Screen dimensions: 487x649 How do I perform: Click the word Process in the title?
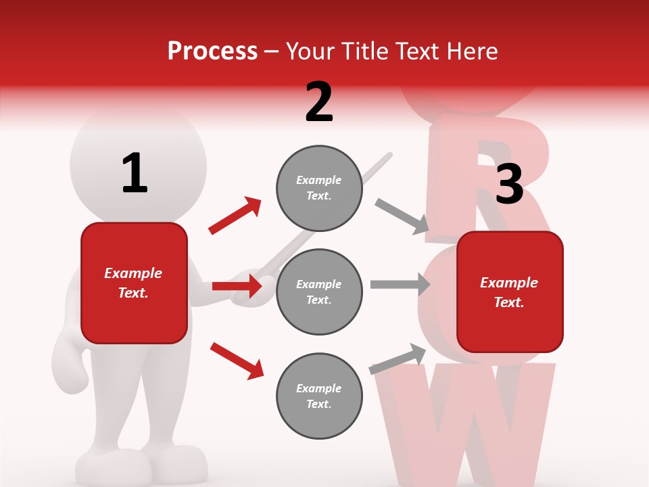(x=212, y=51)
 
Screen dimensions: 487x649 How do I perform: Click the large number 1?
(x=135, y=173)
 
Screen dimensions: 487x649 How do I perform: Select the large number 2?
(x=319, y=102)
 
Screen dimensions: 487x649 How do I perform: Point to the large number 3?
(x=509, y=184)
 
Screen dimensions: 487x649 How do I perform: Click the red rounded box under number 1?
(x=134, y=283)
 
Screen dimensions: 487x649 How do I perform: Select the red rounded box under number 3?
(x=510, y=292)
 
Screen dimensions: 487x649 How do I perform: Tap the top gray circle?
(x=319, y=188)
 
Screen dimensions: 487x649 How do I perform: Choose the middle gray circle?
(x=319, y=292)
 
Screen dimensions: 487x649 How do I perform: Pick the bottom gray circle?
(x=319, y=396)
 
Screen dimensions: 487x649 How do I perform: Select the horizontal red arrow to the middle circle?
(x=237, y=286)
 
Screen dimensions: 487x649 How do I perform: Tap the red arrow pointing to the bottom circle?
(x=237, y=360)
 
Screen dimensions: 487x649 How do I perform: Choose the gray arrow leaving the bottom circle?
(x=398, y=359)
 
